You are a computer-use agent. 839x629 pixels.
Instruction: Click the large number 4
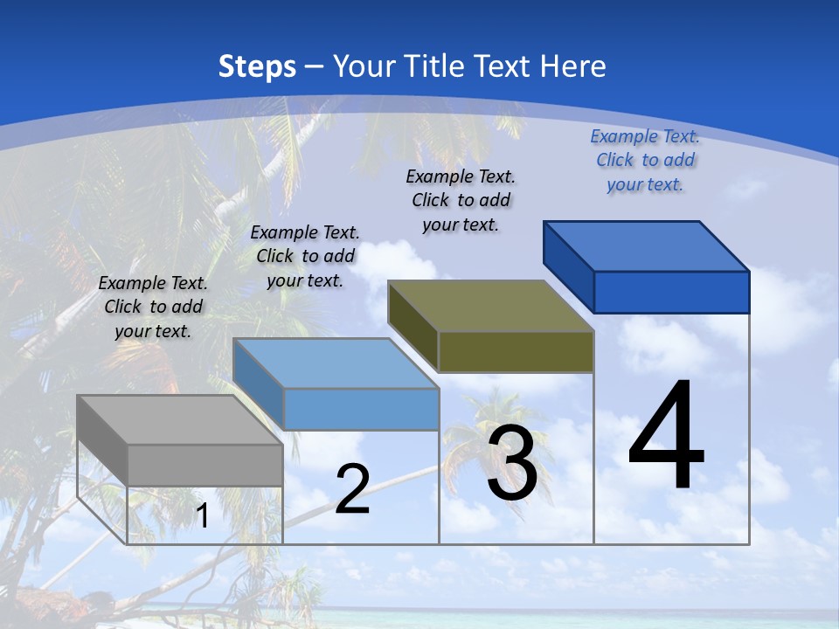point(666,437)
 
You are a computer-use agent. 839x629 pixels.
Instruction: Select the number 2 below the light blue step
point(352,489)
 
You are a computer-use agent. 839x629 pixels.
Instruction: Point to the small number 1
point(202,516)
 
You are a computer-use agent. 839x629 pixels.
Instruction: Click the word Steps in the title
point(257,66)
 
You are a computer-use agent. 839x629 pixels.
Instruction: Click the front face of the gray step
point(205,465)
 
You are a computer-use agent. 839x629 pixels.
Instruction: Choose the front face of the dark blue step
point(671,292)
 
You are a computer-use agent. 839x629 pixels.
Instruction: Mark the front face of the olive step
point(516,352)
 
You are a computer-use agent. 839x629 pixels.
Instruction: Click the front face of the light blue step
point(361,409)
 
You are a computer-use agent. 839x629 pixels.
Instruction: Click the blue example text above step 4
point(645,160)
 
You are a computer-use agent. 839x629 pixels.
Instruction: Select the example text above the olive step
point(461,200)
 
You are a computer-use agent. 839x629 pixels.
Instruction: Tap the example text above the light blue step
point(305,256)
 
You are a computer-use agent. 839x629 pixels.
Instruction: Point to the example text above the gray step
point(153,307)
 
